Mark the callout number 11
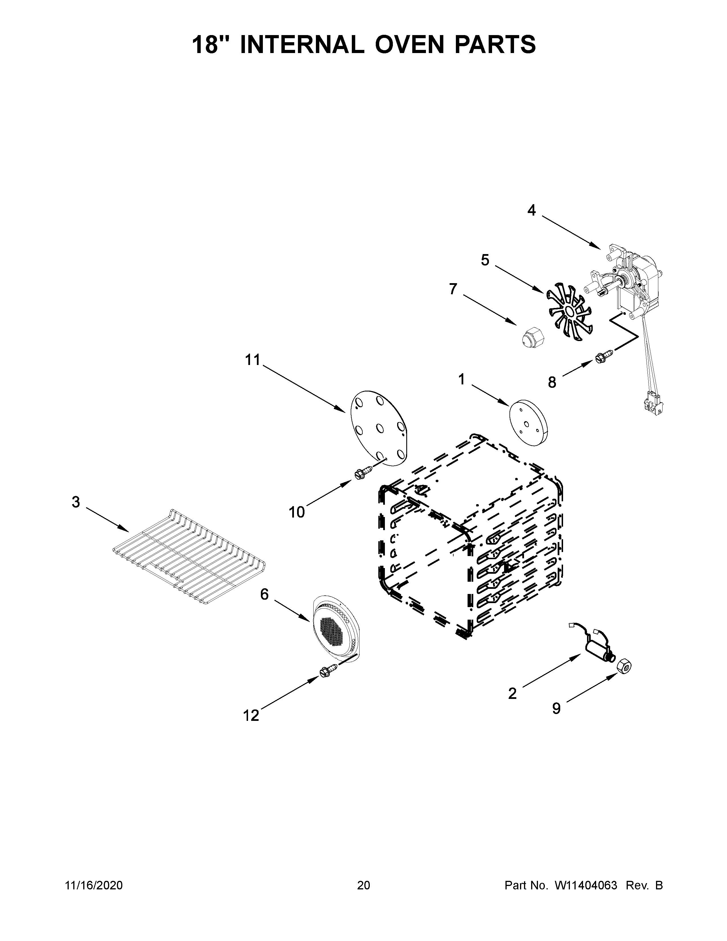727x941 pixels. click(x=253, y=360)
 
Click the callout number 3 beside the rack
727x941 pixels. click(x=76, y=502)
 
